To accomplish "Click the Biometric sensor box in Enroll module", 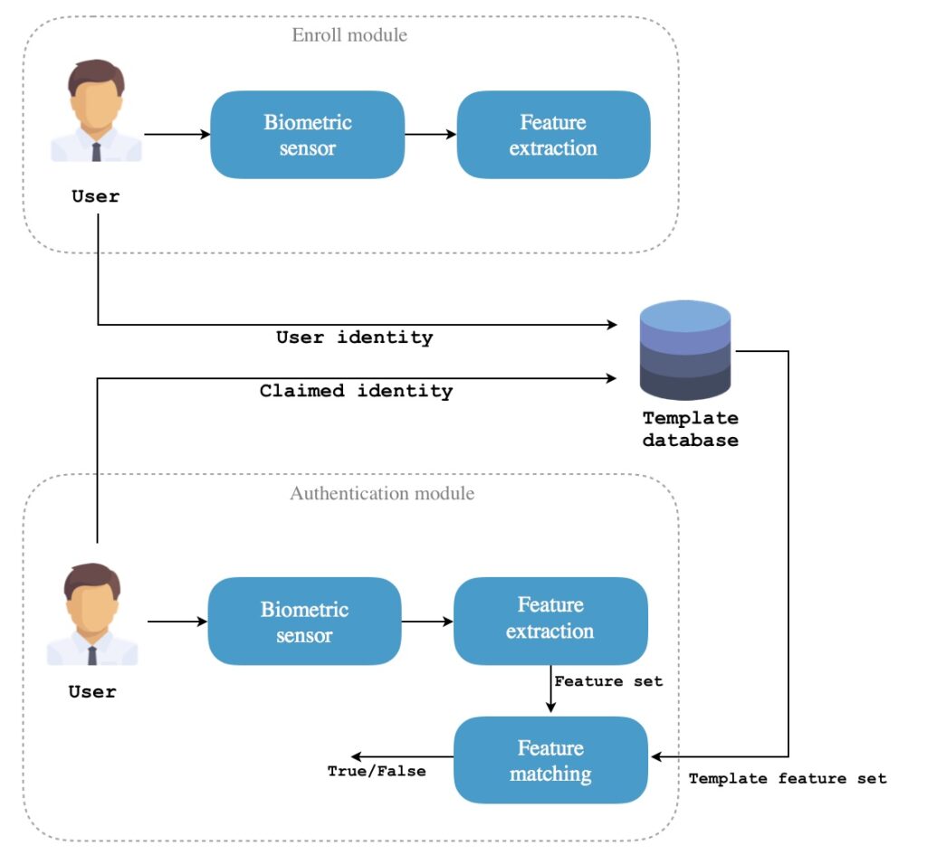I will tap(307, 135).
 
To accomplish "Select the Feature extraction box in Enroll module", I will tap(553, 135).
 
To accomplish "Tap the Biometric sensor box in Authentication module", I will tap(304, 622).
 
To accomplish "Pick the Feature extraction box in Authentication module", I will tap(550, 619).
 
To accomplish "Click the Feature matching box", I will tap(550, 760).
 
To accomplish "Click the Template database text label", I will tap(690, 430).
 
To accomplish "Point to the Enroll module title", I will tap(349, 35).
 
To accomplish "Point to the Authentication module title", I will tap(382, 494).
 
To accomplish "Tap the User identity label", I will tap(354, 337).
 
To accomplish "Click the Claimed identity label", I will tap(356, 392).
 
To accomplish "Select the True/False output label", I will tap(376, 772).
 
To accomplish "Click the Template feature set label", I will tap(788, 778).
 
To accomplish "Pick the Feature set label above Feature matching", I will tap(608, 681).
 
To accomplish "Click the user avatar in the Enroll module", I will tap(96, 111).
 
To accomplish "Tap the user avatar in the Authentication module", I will tap(92, 614).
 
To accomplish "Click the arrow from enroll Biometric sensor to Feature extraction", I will tap(431, 135).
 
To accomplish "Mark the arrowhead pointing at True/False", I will tap(358, 756).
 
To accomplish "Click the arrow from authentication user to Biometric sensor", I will tap(177, 622).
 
